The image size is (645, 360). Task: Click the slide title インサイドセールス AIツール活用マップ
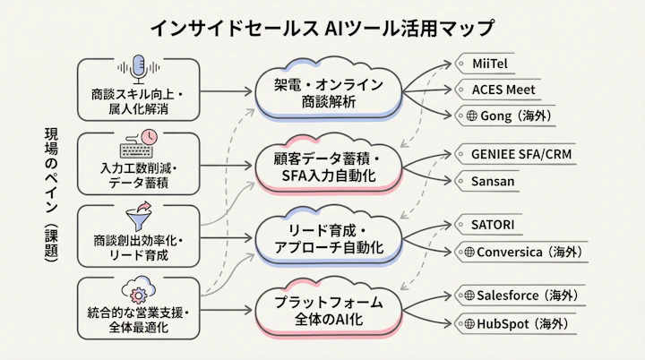coord(322,27)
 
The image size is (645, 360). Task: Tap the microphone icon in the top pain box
coord(138,67)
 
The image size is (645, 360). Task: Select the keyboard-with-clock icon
coord(138,144)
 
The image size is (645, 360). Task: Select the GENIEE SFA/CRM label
coord(520,153)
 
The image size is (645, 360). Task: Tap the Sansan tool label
coord(493,180)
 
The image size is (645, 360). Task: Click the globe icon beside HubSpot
coord(469,323)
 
